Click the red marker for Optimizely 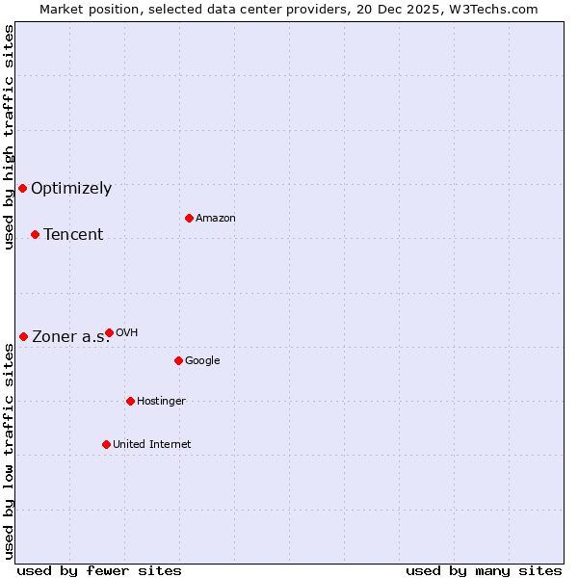(x=22, y=188)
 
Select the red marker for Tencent (x=35, y=234)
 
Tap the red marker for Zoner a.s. (x=23, y=336)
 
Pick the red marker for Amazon (x=189, y=218)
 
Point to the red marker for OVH (x=109, y=332)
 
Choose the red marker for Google (x=178, y=360)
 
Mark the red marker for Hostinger (x=130, y=401)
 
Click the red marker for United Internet (x=106, y=444)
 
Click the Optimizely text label (x=71, y=189)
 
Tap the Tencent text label (x=73, y=235)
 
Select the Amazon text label (x=216, y=219)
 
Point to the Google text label (x=202, y=361)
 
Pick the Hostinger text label (x=161, y=402)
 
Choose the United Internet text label (x=152, y=445)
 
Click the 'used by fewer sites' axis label (x=99, y=571)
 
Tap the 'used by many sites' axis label (x=484, y=571)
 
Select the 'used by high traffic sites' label (x=10, y=137)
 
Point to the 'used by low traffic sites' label (x=10, y=451)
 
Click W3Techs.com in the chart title (x=497, y=10)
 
